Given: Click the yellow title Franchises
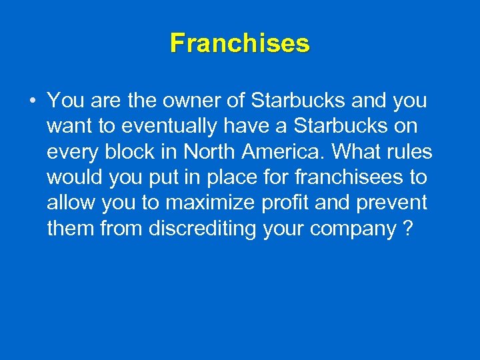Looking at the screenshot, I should coord(240,43).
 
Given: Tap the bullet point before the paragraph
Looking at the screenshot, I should coord(32,102).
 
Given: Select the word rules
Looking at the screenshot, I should coord(408,152).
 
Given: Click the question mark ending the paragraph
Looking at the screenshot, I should coord(408,228).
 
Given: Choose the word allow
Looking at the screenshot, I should coord(69,203).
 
